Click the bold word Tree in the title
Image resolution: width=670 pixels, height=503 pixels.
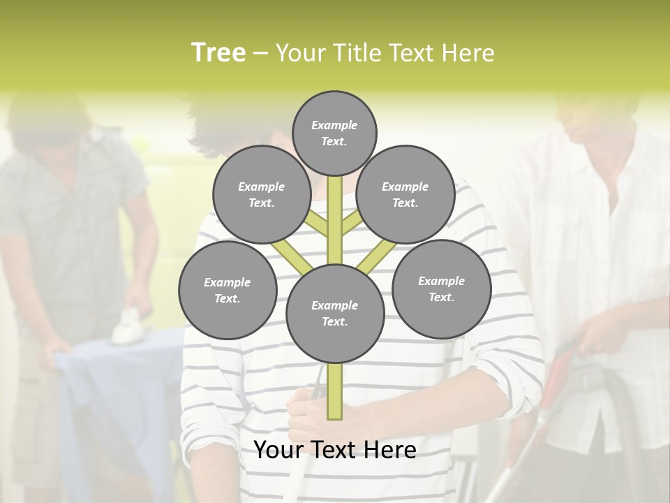(x=218, y=52)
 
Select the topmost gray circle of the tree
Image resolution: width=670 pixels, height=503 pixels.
(x=334, y=133)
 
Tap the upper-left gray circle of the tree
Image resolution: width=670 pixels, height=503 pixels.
(x=261, y=194)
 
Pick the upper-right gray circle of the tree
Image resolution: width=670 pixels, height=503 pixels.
(x=405, y=194)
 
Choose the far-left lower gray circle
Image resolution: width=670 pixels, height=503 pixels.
(x=228, y=290)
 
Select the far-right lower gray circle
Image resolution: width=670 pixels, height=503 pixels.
(x=441, y=289)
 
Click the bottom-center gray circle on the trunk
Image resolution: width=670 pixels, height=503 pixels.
(x=335, y=314)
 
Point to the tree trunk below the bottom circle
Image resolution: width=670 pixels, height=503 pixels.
(x=335, y=391)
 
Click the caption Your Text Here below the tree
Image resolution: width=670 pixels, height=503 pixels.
(x=335, y=450)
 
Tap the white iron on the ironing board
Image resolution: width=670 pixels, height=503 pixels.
(x=128, y=326)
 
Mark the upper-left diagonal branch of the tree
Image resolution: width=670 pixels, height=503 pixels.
(x=318, y=224)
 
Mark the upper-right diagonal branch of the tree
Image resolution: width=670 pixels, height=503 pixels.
(x=352, y=224)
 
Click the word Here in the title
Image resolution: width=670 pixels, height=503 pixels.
(x=468, y=53)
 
